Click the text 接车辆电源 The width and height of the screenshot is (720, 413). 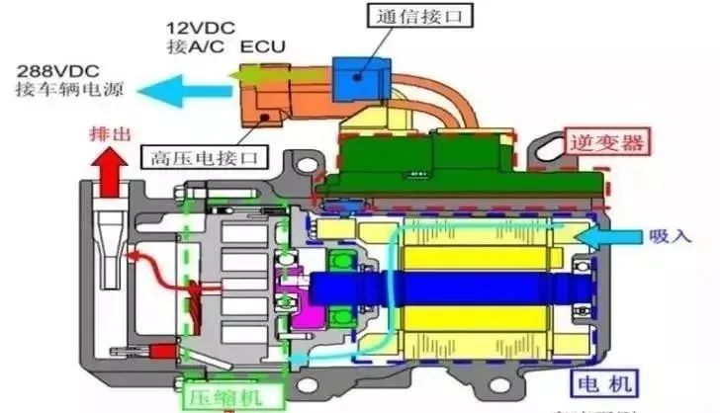(x=57, y=92)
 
